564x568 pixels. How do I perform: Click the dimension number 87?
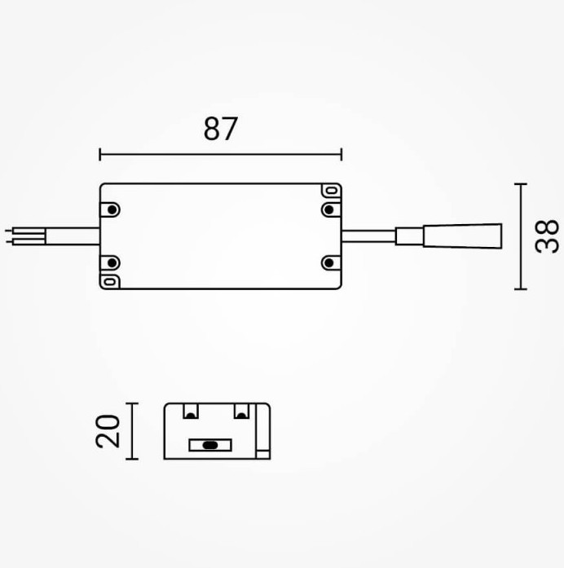(x=220, y=129)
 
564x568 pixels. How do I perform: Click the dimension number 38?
(x=547, y=236)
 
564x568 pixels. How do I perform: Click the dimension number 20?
(x=108, y=431)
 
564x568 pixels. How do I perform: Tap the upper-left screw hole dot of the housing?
(x=112, y=209)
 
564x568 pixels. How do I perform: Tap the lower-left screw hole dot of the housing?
(x=112, y=263)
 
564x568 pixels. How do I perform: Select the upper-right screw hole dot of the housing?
(x=329, y=209)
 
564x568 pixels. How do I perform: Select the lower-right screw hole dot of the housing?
(x=329, y=263)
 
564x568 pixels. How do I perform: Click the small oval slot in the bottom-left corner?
(x=110, y=281)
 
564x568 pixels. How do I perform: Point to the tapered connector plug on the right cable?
(x=463, y=236)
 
